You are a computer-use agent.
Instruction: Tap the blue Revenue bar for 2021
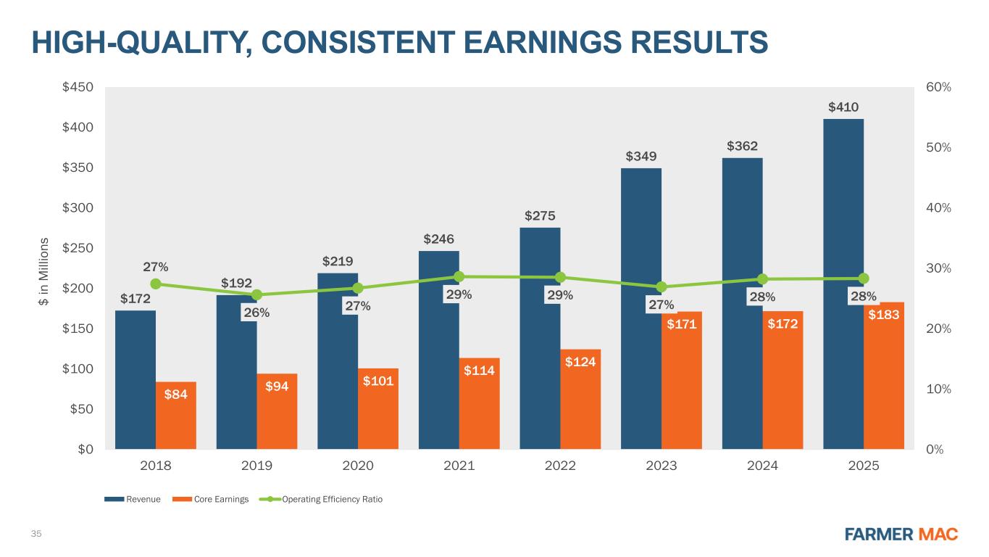pos(438,348)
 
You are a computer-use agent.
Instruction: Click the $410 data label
pos(843,107)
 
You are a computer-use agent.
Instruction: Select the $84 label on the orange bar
pos(176,395)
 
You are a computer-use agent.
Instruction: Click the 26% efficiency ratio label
pos(256,313)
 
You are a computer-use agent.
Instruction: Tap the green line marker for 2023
pos(662,286)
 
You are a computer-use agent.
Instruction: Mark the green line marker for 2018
pos(155,284)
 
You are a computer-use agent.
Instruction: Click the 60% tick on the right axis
pos(940,87)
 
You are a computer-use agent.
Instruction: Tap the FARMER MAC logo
pos(901,535)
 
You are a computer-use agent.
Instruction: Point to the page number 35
pos(35,535)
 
